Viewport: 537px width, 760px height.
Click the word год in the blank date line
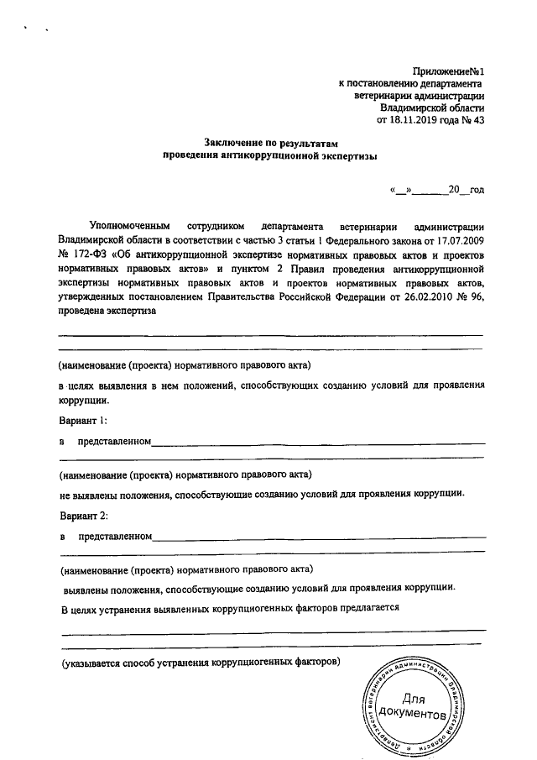[x=477, y=191]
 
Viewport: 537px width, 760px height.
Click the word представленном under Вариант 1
[x=114, y=441]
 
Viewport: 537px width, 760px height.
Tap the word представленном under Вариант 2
[x=114, y=536]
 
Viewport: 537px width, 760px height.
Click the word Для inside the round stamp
[x=414, y=699]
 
